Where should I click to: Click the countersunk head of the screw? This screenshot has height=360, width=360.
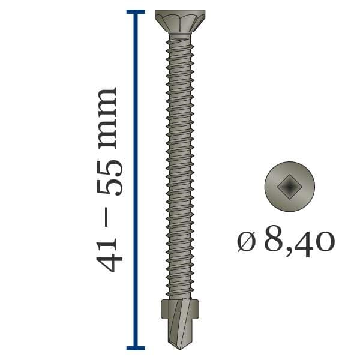180,22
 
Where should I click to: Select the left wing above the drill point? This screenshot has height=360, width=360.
165,309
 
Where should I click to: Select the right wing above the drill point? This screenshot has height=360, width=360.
195,309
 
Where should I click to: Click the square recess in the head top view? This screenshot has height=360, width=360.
289,187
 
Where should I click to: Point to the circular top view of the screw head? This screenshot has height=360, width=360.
290,187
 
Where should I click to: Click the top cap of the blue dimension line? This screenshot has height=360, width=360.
136,12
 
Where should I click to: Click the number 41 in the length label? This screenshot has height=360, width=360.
109,255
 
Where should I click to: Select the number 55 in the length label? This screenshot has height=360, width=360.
109,178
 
